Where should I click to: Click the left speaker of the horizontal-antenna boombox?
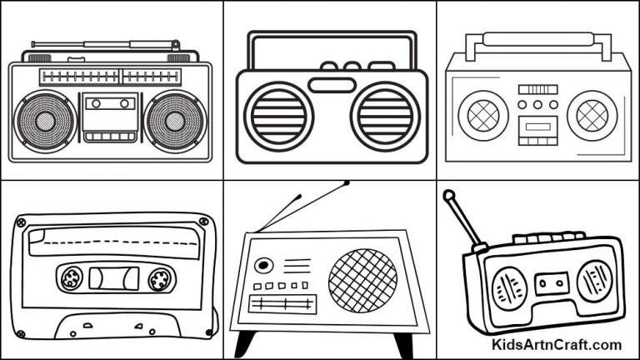pyautogui.click(x=45, y=121)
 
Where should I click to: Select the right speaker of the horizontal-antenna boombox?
pyautogui.click(x=174, y=121)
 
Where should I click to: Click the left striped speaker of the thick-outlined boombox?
pyautogui.click(x=278, y=115)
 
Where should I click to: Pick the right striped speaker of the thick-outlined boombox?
pyautogui.click(x=384, y=115)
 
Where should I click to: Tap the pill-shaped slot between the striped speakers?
pyautogui.click(x=332, y=84)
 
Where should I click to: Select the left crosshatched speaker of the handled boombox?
pyautogui.click(x=482, y=116)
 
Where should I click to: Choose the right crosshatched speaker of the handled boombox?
pyautogui.click(x=592, y=116)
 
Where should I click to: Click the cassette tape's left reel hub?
pyautogui.click(x=70, y=277)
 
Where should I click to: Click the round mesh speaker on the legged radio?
pyautogui.click(x=362, y=276)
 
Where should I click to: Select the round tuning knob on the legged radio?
pyautogui.click(x=263, y=266)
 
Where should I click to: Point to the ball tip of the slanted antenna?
pyautogui.click(x=448, y=197)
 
